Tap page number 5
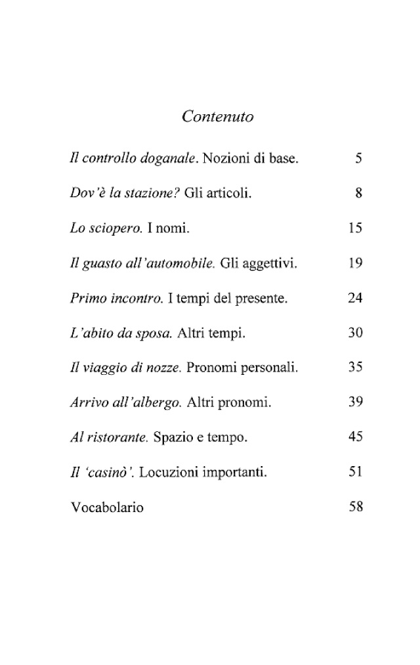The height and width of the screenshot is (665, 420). click(358, 158)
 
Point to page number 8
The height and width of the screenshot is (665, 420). click(358, 194)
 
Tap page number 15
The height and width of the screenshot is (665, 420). click(355, 228)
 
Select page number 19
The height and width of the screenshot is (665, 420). click(355, 264)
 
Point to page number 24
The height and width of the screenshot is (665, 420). click(355, 299)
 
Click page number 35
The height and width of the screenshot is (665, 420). click(355, 368)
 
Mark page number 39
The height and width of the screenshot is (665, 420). click(355, 403)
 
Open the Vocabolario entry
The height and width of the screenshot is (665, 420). click(106, 507)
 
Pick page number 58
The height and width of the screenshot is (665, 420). click(355, 507)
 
